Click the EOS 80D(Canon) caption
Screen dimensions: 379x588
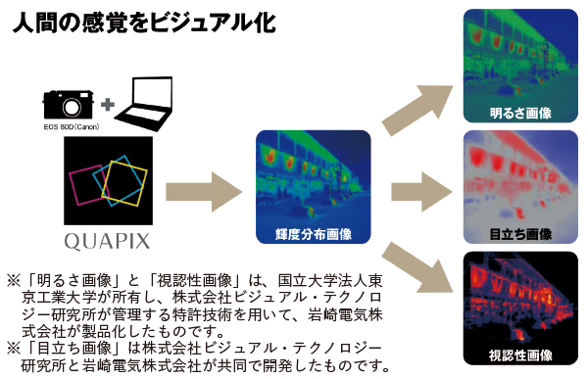coord(71,125)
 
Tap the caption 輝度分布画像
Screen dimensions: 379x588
coord(314,232)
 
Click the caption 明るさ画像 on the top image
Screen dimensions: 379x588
coord(519,113)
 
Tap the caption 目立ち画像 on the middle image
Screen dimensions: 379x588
coord(519,235)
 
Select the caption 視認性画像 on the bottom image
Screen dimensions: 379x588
coord(519,354)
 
